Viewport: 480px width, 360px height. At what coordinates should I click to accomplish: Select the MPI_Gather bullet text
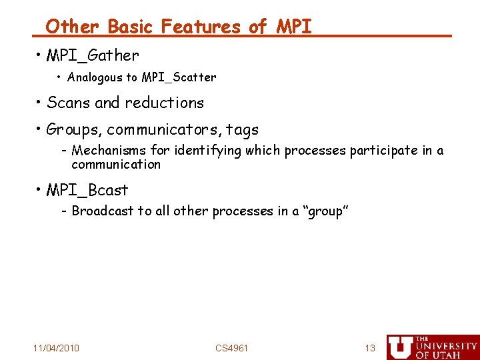point(93,56)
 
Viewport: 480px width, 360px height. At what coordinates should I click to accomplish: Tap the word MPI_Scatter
point(177,77)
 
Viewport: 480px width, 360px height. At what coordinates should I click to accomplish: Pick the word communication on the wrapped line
point(116,165)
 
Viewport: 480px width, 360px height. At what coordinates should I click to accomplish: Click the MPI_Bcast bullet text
point(87,190)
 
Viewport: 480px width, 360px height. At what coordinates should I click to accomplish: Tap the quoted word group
point(326,211)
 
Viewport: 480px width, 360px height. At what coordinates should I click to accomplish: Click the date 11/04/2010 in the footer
point(56,348)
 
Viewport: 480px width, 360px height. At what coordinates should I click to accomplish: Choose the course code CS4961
point(231,348)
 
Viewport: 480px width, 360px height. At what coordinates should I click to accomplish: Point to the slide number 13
point(370,348)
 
